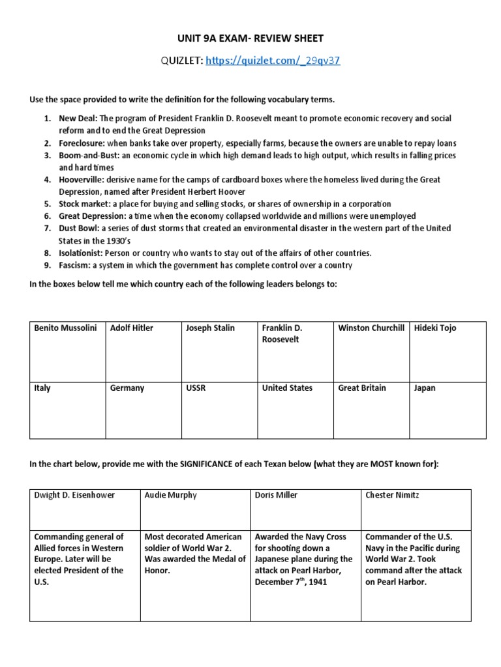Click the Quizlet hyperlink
273,61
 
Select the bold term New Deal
78,119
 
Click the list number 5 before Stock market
47,204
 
